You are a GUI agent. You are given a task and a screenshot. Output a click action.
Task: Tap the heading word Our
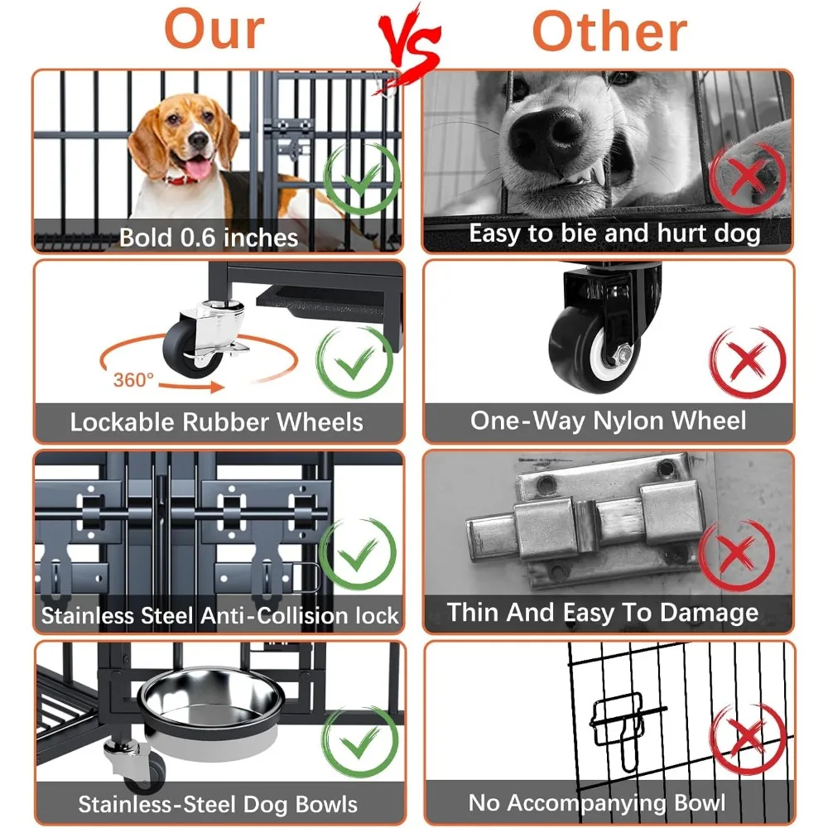[x=214, y=30]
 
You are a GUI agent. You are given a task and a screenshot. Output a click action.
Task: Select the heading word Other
[x=610, y=31]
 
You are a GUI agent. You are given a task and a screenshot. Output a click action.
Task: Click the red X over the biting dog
[x=747, y=178]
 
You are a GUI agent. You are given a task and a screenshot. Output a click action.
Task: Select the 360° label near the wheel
[x=133, y=380]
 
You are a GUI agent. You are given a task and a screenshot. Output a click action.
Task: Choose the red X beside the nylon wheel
[x=747, y=363]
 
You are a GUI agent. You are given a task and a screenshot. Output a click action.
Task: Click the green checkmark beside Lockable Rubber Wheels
[x=354, y=363]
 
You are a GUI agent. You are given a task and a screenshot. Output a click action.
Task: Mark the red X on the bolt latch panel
[x=736, y=555]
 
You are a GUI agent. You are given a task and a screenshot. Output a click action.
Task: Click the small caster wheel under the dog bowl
[x=142, y=769]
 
